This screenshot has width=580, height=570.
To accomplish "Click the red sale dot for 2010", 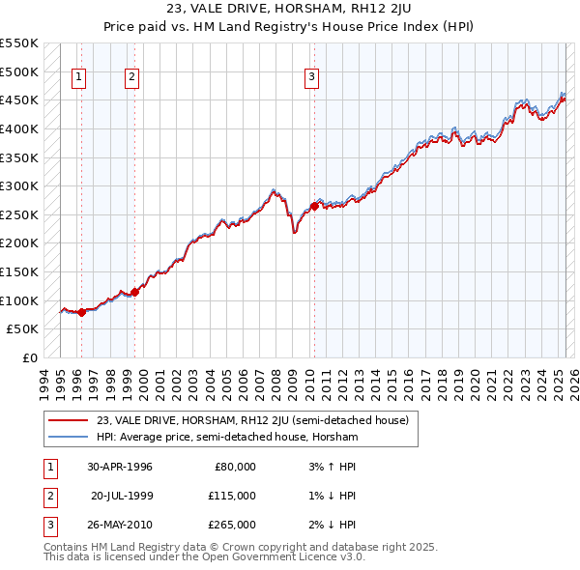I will [x=314, y=205].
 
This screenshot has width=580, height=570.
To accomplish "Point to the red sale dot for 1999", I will [x=134, y=292].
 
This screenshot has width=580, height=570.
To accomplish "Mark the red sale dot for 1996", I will [x=81, y=312].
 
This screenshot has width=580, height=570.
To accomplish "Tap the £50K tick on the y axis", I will [x=23, y=328].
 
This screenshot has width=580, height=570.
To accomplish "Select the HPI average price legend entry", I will [x=227, y=438].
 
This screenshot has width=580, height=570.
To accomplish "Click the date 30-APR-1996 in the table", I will [x=120, y=467].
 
